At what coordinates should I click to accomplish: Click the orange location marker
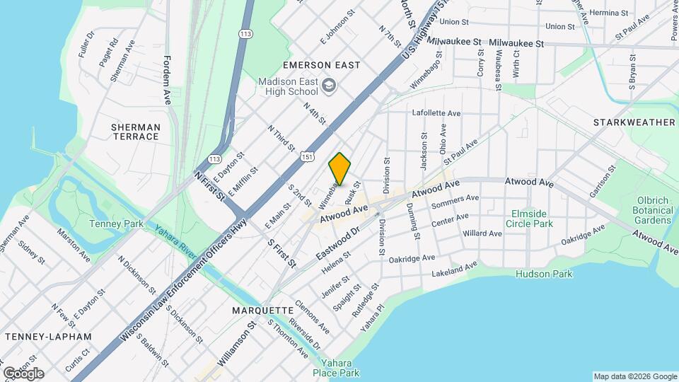[x=340, y=169]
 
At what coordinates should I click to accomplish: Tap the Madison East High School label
[x=288, y=86]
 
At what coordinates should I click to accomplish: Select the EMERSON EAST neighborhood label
[x=312, y=65]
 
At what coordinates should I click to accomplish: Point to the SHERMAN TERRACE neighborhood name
[x=135, y=132]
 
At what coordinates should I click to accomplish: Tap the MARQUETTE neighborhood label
[x=262, y=311]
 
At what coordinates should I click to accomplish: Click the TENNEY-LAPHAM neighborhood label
[x=47, y=336]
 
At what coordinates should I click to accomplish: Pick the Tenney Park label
[x=116, y=224]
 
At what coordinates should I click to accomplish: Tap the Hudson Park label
[x=544, y=274]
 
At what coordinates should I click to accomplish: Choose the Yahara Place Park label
[x=337, y=367]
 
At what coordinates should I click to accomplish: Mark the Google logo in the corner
[x=23, y=374]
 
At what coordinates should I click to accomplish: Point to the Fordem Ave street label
[x=168, y=80]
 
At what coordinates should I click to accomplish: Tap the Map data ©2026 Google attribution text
[x=634, y=376]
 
